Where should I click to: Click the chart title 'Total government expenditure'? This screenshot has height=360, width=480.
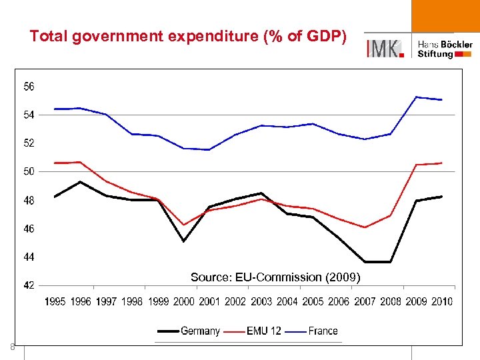[x=187, y=37]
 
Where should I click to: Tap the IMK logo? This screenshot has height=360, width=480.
[x=385, y=48]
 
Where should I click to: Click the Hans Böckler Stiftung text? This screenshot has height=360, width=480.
[x=445, y=49]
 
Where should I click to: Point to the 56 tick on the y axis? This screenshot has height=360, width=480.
[x=29, y=86]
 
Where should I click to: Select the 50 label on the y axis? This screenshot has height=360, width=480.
[x=29, y=171]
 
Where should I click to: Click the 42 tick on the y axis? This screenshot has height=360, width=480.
[x=29, y=285]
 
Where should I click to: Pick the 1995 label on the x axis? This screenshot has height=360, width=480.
[x=55, y=301]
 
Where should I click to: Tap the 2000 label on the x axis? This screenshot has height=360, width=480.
[x=183, y=301]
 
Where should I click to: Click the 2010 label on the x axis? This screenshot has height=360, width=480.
[x=441, y=301]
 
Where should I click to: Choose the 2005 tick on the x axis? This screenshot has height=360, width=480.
[x=313, y=301]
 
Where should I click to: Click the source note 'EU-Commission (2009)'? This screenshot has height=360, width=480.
[x=275, y=277]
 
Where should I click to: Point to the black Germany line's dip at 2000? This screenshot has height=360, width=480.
[x=183, y=241]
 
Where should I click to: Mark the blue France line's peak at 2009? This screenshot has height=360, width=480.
[x=416, y=97]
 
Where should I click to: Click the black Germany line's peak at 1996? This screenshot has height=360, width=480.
[x=80, y=181]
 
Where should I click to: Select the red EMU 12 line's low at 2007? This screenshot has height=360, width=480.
[x=365, y=227]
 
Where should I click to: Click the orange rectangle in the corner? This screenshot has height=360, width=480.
[x=445, y=16]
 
